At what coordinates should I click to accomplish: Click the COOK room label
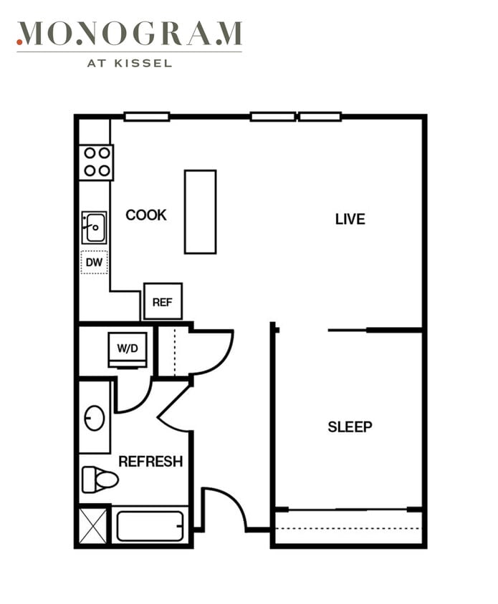[146, 215]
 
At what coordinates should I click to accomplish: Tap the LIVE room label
[350, 219]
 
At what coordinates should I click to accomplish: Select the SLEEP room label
[350, 427]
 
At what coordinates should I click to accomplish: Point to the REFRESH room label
[150, 461]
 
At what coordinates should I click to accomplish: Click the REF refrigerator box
[163, 301]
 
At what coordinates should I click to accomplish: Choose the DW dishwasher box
[94, 263]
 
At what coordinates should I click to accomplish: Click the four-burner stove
[97, 162]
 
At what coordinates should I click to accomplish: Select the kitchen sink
[94, 228]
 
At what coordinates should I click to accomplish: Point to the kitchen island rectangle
[200, 212]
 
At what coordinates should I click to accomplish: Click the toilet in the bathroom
[100, 479]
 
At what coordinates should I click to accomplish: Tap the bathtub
[150, 526]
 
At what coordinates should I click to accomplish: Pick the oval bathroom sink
[95, 418]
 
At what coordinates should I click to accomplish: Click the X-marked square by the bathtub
[92, 526]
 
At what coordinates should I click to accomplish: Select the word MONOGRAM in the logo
[130, 34]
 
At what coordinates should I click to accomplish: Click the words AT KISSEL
[130, 63]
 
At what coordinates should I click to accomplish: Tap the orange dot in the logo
[19, 42]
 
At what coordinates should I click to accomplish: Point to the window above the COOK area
[147, 117]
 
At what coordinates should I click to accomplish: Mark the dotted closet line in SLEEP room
[348, 528]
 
